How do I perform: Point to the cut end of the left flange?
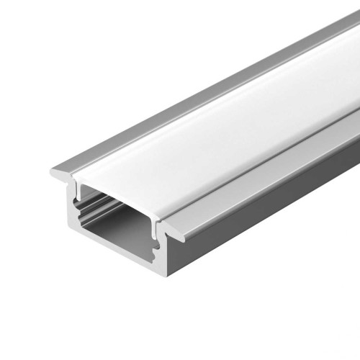pyautogui.click(x=60, y=173)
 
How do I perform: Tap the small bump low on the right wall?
pyautogui.click(x=159, y=253)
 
